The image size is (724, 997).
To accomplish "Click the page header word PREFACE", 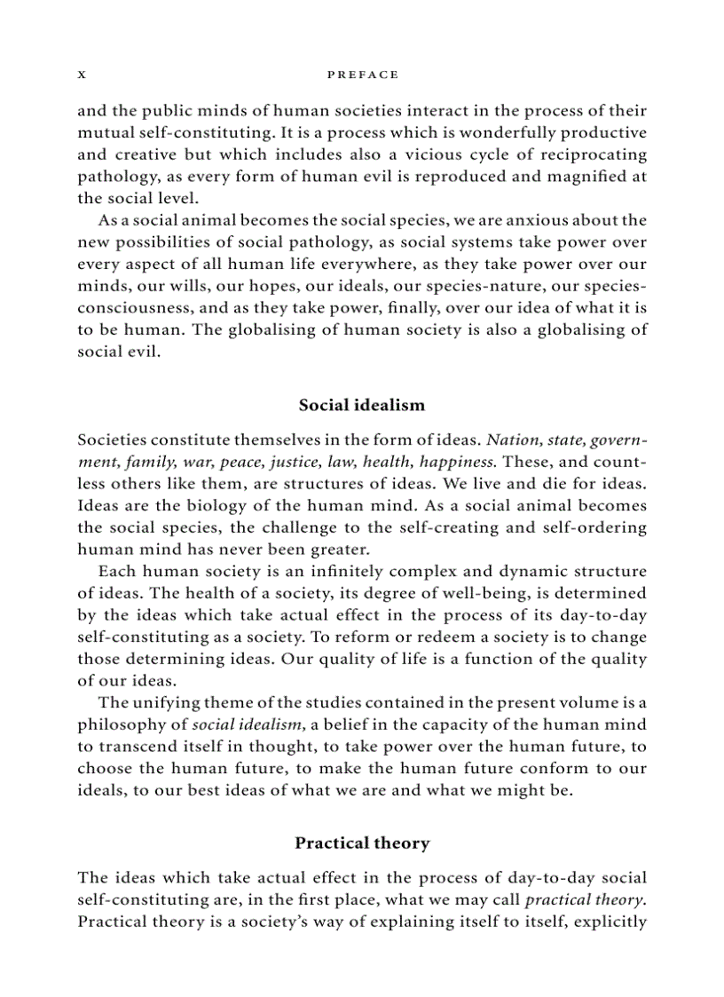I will (x=362, y=75).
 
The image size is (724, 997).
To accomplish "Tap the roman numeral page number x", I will (x=82, y=75).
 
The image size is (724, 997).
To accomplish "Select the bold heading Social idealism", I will (x=362, y=405).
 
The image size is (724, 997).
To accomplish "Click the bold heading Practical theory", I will (x=362, y=843).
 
